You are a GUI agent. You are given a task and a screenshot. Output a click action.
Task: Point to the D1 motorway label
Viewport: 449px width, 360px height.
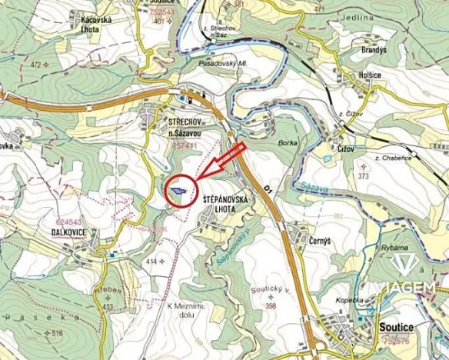pos(268,188)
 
